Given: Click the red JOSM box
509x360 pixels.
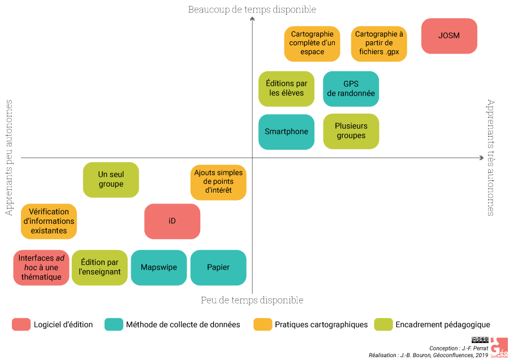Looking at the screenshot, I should (449, 36).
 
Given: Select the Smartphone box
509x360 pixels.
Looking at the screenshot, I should (286, 132).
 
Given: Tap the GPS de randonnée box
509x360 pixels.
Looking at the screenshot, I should (351, 89).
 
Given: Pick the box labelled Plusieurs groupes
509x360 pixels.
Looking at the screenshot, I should (351, 131).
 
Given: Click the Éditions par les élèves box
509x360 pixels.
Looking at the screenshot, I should (286, 89).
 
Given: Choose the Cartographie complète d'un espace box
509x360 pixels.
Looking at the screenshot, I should (312, 44).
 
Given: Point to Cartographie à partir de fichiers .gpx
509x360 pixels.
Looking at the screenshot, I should (378, 44).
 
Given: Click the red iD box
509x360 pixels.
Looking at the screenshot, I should (172, 221).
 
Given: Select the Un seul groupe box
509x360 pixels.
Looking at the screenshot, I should (111, 180).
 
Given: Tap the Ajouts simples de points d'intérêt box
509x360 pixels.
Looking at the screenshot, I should (218, 182).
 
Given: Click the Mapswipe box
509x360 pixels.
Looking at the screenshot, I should (158, 267).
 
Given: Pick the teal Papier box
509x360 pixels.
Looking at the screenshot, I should (218, 267).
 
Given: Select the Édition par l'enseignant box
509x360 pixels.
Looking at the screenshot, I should (100, 267).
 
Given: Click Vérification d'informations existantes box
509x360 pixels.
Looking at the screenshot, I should (49, 221).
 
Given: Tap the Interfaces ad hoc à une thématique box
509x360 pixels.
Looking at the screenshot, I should (41, 267).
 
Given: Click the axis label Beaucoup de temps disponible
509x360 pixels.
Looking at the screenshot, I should (252, 9).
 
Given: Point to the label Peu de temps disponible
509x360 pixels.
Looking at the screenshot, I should (252, 300).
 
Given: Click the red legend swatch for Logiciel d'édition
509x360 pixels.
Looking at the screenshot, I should (21, 324).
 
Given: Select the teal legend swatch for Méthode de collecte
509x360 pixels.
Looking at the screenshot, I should (114, 324).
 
